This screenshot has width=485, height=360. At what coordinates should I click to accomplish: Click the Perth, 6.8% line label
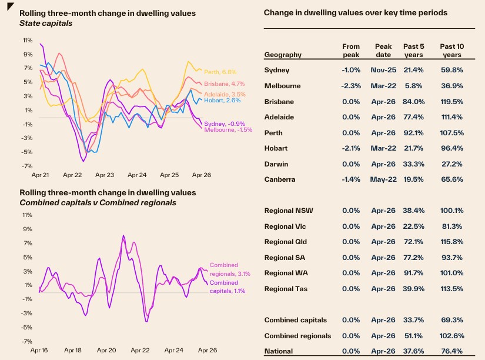pos(220,72)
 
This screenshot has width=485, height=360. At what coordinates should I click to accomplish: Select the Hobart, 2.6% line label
pos(222,100)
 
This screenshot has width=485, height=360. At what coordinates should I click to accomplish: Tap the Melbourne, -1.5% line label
pos(228,129)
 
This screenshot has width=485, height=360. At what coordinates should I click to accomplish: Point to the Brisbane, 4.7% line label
pos(224,84)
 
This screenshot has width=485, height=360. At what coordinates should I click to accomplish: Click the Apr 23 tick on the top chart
pos(105,175)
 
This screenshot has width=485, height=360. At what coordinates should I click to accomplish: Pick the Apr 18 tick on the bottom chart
pos(73,350)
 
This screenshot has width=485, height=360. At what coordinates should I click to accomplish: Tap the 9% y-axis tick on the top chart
pos(28,54)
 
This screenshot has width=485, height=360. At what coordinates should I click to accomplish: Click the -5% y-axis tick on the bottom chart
pos(26,327)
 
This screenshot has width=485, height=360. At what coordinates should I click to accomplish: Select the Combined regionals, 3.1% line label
pos(230,269)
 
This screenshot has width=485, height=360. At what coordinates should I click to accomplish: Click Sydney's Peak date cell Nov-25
pos(383,70)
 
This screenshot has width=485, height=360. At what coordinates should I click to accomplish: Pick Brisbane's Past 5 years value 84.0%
pos(413,102)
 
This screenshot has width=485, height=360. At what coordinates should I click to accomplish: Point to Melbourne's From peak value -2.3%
pos(351,86)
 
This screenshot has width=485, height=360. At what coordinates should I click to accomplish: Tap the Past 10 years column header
pos(452,51)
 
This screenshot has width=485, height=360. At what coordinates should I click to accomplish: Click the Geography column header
pos(283,55)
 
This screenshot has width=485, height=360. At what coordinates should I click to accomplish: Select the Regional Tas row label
pos(286,289)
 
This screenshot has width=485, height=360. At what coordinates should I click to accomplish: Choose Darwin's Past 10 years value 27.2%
pos(452,164)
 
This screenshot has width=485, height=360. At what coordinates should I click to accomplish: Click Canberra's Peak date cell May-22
pos(383,179)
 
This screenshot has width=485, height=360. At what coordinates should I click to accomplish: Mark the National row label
pos(279,351)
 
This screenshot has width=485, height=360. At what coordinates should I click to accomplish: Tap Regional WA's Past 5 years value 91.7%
pos(413,273)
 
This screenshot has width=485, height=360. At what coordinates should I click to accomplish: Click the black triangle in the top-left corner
pos(9,5)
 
